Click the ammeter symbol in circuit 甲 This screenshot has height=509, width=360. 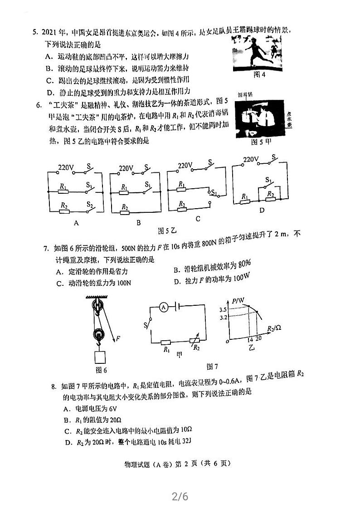tap(164, 307)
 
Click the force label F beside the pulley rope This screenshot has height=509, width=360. tap(117, 338)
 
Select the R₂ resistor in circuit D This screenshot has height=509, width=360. tap(270, 194)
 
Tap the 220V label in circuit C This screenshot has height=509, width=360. tap(185, 166)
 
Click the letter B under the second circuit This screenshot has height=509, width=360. tap(138, 222)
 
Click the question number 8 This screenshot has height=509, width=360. tap(53, 387)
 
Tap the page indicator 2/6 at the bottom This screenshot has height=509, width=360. tap(180, 496)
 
